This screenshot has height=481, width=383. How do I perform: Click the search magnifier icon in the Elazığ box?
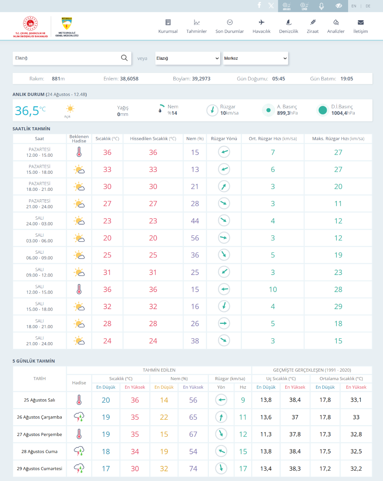[124, 58]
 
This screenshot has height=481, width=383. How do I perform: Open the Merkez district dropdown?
[255, 58]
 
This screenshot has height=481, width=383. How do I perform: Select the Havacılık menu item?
[261, 26]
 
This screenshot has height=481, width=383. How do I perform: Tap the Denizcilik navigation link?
[288, 26]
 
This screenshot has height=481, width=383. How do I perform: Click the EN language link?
[354, 6]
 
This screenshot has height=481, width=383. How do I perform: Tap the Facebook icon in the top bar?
[259, 5]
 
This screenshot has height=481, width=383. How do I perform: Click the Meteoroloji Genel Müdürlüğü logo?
[67, 26]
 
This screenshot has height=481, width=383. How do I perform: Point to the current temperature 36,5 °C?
[30, 111]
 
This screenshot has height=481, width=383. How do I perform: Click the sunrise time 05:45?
[278, 79]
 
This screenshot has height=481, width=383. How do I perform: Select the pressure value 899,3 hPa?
[287, 113]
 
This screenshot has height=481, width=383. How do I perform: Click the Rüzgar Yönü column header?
[224, 138]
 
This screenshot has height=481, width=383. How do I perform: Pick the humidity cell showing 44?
[195, 221]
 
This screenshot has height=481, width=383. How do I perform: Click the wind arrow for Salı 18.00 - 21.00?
[224, 323]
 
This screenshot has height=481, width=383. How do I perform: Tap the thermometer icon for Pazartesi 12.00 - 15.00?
[79, 152]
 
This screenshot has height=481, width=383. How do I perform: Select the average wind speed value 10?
[273, 289]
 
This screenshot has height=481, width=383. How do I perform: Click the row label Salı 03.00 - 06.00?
[40, 238]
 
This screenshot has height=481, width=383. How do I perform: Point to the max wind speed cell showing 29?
[338, 306]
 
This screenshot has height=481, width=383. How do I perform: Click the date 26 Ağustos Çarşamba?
[40, 417]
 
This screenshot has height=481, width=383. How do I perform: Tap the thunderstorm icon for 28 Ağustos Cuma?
[79, 451]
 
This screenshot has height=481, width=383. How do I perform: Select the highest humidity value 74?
[193, 469]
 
